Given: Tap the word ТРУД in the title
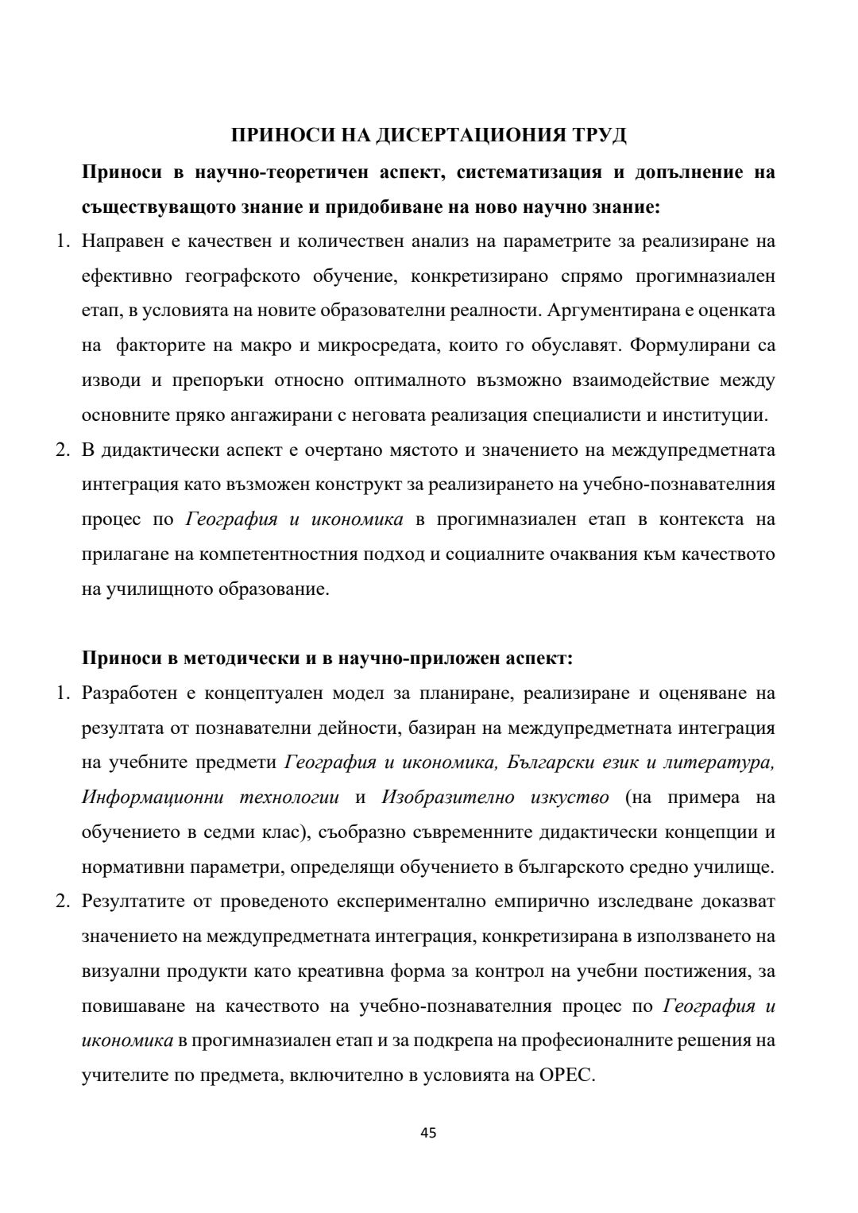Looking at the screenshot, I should coord(598,136).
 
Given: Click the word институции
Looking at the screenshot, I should coord(724,415).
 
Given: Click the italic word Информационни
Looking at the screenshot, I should coord(152,798).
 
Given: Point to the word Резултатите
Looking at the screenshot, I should coord(132,902).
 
